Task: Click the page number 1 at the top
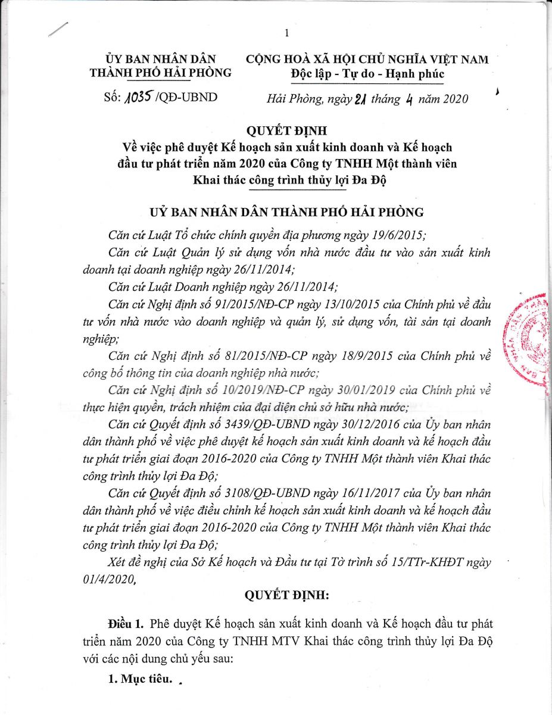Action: [x=286, y=33]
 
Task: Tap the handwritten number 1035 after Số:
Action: [x=139, y=97]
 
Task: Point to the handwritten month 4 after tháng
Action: [x=409, y=98]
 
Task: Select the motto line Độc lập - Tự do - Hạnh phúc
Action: [x=367, y=73]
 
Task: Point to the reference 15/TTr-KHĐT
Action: [x=423, y=562]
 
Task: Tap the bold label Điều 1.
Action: [x=126, y=624]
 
